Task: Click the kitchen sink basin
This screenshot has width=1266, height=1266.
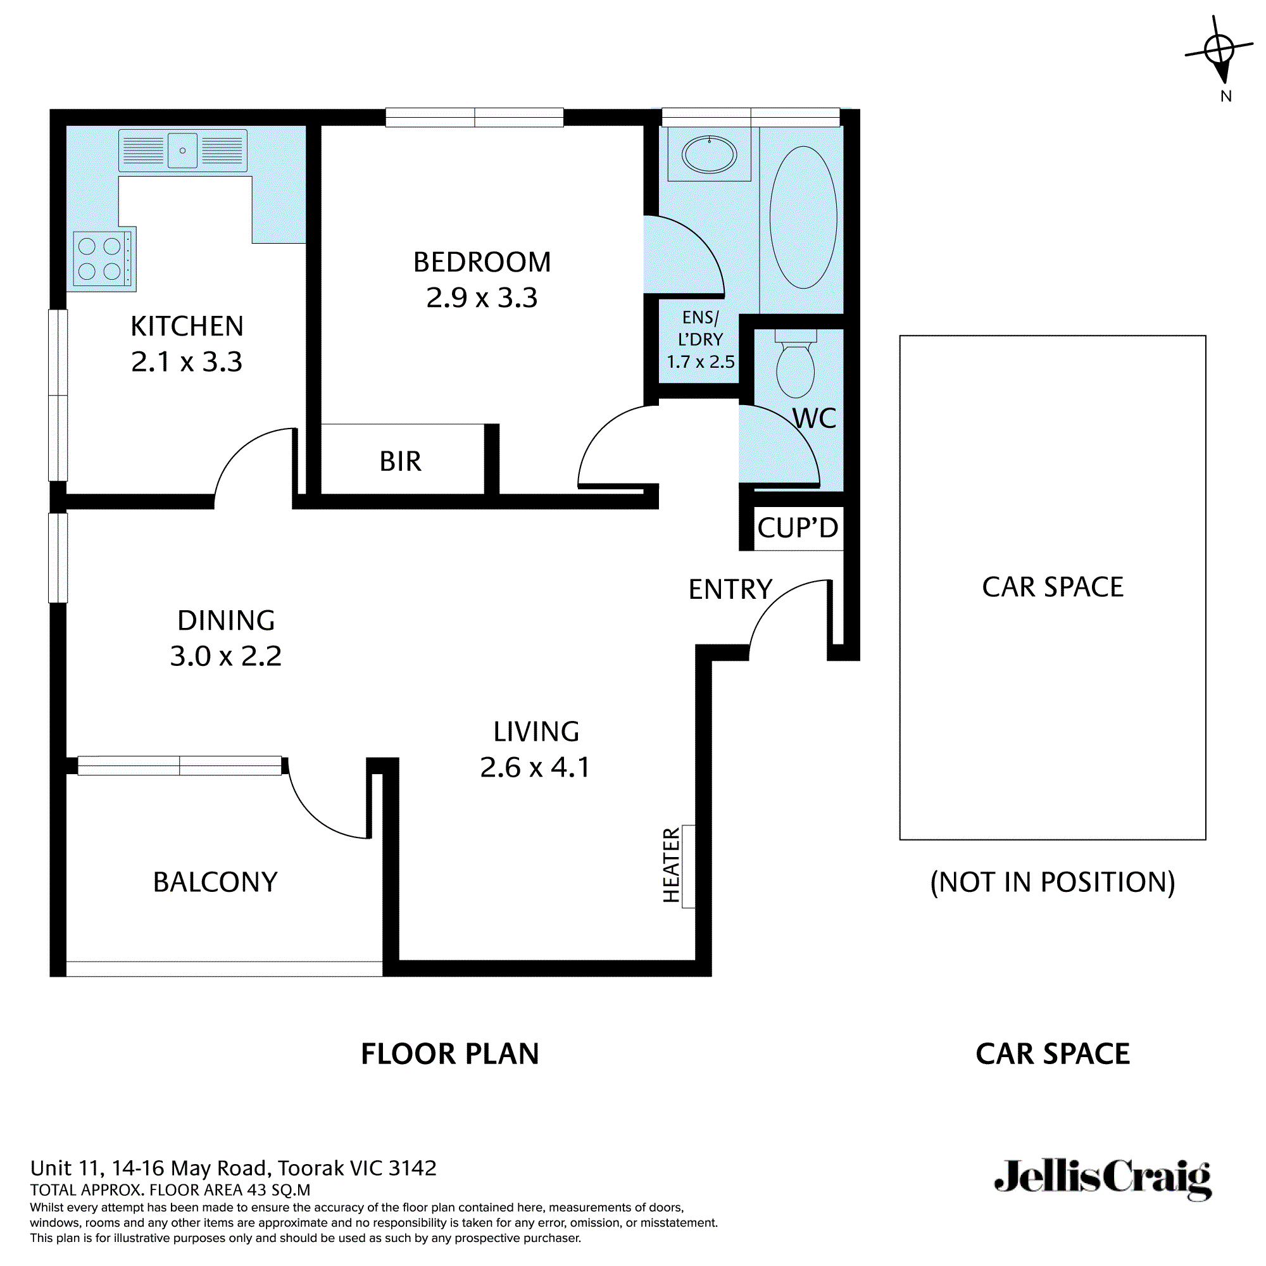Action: coord(182,151)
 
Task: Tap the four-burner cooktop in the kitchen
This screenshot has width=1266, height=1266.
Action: coord(100,258)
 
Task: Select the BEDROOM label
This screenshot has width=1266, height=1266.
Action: coord(482,263)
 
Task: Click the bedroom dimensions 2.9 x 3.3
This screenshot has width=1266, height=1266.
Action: coord(482,298)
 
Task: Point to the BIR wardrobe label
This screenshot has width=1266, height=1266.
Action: coord(401,462)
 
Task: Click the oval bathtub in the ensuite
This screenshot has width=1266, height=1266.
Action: coord(803,217)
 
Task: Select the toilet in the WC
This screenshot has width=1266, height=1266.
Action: coord(795,368)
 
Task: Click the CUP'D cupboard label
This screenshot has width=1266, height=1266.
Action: coord(798,528)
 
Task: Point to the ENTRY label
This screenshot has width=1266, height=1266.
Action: coord(730,590)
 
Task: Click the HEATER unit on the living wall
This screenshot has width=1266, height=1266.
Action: coord(688,865)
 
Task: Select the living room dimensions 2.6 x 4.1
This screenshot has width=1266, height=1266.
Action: coord(535,768)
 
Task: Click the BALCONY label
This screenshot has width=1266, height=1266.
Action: coord(215,882)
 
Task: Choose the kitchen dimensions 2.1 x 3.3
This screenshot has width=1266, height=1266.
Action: coord(187,362)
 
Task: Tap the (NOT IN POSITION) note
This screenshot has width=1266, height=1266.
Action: coord(1053,882)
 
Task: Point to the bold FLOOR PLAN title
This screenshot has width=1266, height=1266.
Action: coord(449,1055)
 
